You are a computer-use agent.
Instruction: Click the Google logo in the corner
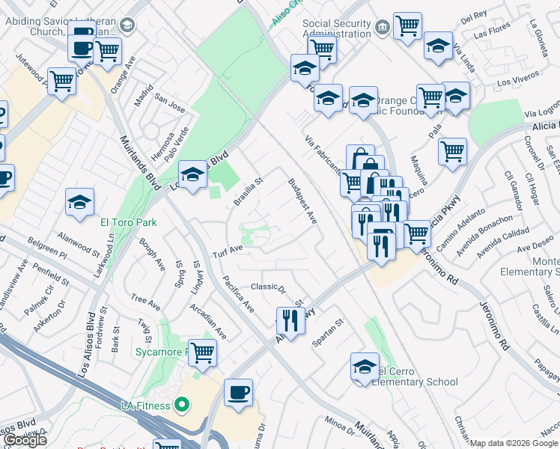[25, 440]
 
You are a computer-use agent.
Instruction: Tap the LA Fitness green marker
[180, 406]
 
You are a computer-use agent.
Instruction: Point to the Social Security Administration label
[336, 28]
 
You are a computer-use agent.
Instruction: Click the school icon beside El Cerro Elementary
[365, 367]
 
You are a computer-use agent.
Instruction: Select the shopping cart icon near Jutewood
[61, 81]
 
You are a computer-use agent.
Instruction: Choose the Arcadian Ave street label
[207, 321]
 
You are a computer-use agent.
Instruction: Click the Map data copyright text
[514, 444]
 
